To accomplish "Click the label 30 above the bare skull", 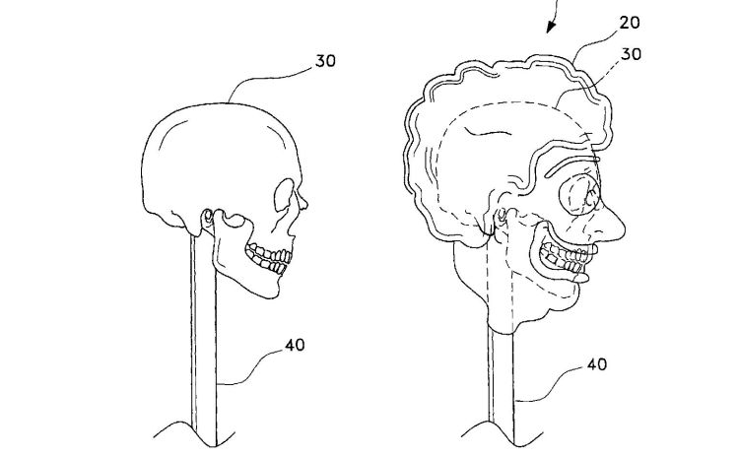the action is point(326,61).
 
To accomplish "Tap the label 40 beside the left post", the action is point(295,345).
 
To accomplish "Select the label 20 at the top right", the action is point(630,22).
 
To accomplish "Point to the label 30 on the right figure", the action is point(632,54).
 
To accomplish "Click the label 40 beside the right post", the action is point(597,364).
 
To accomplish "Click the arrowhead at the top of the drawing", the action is point(551,28).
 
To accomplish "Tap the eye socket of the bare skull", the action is point(284,195).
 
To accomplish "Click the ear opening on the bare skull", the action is point(207,217).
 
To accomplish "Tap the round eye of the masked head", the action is point(579,195).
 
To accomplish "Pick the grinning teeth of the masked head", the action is point(567,258).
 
